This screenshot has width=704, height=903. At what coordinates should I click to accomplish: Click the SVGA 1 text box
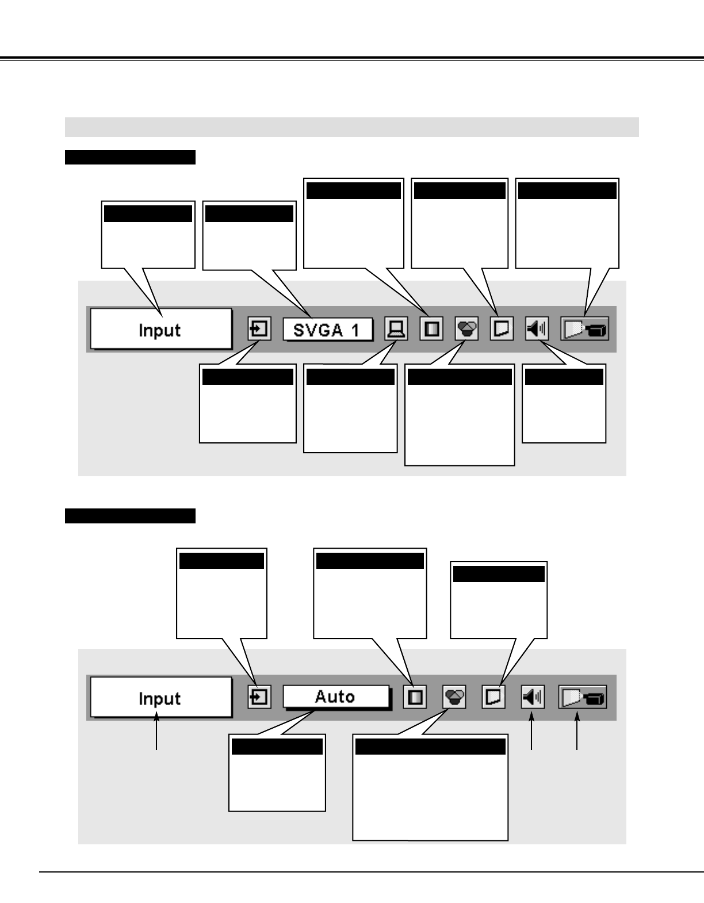[327, 330]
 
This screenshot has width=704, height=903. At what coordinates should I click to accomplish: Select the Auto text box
[335, 697]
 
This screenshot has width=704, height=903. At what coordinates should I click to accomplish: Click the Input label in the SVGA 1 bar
[160, 330]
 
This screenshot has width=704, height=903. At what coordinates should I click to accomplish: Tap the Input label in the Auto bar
[160, 698]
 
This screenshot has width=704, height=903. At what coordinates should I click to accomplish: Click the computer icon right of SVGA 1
[396, 330]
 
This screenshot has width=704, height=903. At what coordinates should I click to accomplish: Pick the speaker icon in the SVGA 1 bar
[537, 330]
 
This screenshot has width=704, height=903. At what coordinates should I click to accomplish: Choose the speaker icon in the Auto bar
[533, 698]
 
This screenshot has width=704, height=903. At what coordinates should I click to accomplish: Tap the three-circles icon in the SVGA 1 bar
[466, 330]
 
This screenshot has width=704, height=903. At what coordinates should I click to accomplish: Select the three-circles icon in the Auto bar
[454, 698]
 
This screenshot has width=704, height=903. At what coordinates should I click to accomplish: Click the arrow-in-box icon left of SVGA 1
[259, 330]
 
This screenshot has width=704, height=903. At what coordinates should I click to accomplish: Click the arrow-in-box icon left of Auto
[259, 698]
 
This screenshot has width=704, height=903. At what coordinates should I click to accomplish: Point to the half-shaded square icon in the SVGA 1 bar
[431, 330]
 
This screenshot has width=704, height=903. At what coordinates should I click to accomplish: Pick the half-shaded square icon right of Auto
[415, 698]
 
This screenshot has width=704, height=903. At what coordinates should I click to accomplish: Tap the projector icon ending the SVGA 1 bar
[585, 330]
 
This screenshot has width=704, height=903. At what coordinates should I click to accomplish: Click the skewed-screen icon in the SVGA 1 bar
[502, 330]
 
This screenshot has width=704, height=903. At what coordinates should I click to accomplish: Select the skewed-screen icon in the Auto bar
[493, 698]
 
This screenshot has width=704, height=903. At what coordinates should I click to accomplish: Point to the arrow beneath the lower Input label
[156, 730]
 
